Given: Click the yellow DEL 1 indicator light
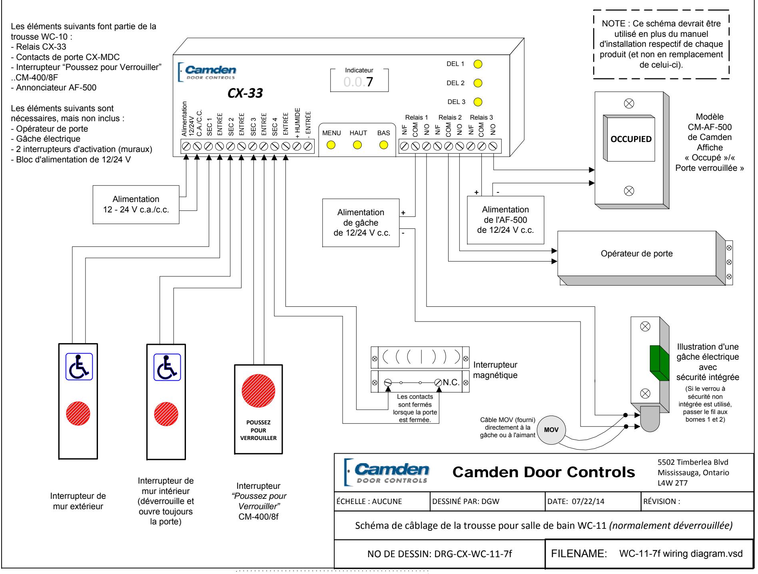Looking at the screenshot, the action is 478,64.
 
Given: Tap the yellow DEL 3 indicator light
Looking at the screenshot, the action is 478,102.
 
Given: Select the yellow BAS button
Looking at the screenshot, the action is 384,145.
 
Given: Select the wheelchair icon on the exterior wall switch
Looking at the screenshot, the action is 79,366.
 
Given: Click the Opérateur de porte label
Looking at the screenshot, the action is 636,254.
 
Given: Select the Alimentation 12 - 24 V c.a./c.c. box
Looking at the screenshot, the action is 136,204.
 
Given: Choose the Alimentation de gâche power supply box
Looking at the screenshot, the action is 361,223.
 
